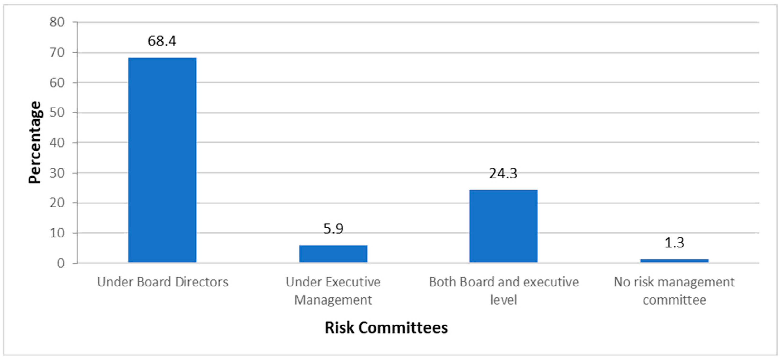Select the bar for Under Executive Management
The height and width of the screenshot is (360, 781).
pyautogui.click(x=333, y=254)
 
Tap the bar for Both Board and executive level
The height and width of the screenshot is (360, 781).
pyautogui.click(x=503, y=226)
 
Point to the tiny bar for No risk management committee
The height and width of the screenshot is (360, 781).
pyautogui.click(x=674, y=261)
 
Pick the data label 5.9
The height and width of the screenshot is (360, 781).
pyautogui.click(x=333, y=229)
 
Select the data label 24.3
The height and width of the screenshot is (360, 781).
pyautogui.click(x=503, y=173)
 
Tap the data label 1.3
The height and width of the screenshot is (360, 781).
pyautogui.click(x=674, y=243)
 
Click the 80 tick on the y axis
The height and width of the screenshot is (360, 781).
pyautogui.click(x=57, y=22)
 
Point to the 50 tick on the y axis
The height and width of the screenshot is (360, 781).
pyautogui.click(x=57, y=113)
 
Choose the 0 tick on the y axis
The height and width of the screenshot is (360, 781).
pyautogui.click(x=61, y=263)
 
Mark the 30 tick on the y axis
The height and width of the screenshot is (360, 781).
pyautogui.click(x=57, y=173)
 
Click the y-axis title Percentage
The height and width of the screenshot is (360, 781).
pyautogui.click(x=35, y=142)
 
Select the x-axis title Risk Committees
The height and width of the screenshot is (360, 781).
pyautogui.click(x=386, y=328)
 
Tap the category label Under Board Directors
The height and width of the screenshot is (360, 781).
pyautogui.click(x=162, y=282)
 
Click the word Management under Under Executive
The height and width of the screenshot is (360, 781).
pyautogui.click(x=333, y=300)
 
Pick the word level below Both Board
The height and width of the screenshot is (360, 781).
pyautogui.click(x=503, y=300)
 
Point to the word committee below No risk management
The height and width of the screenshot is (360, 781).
pyautogui.click(x=674, y=300)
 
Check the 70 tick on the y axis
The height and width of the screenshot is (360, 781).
pyautogui.click(x=57, y=53)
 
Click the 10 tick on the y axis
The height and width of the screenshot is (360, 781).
pyautogui.click(x=57, y=233)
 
